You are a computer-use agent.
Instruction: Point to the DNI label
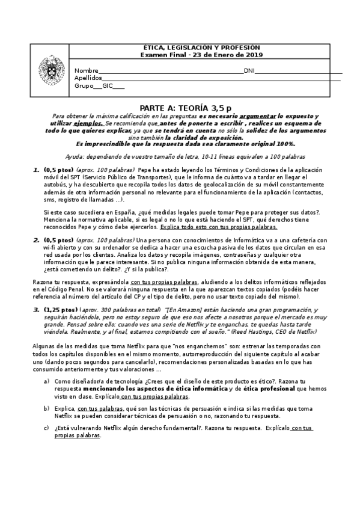pyautogui.click(x=249, y=70)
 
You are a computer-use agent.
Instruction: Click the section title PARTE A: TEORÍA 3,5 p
pyautogui.click(x=180, y=106)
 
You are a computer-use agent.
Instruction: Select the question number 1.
pyautogui.click(x=37, y=170)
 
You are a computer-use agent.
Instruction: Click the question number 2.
pyautogui.click(x=37, y=239)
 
